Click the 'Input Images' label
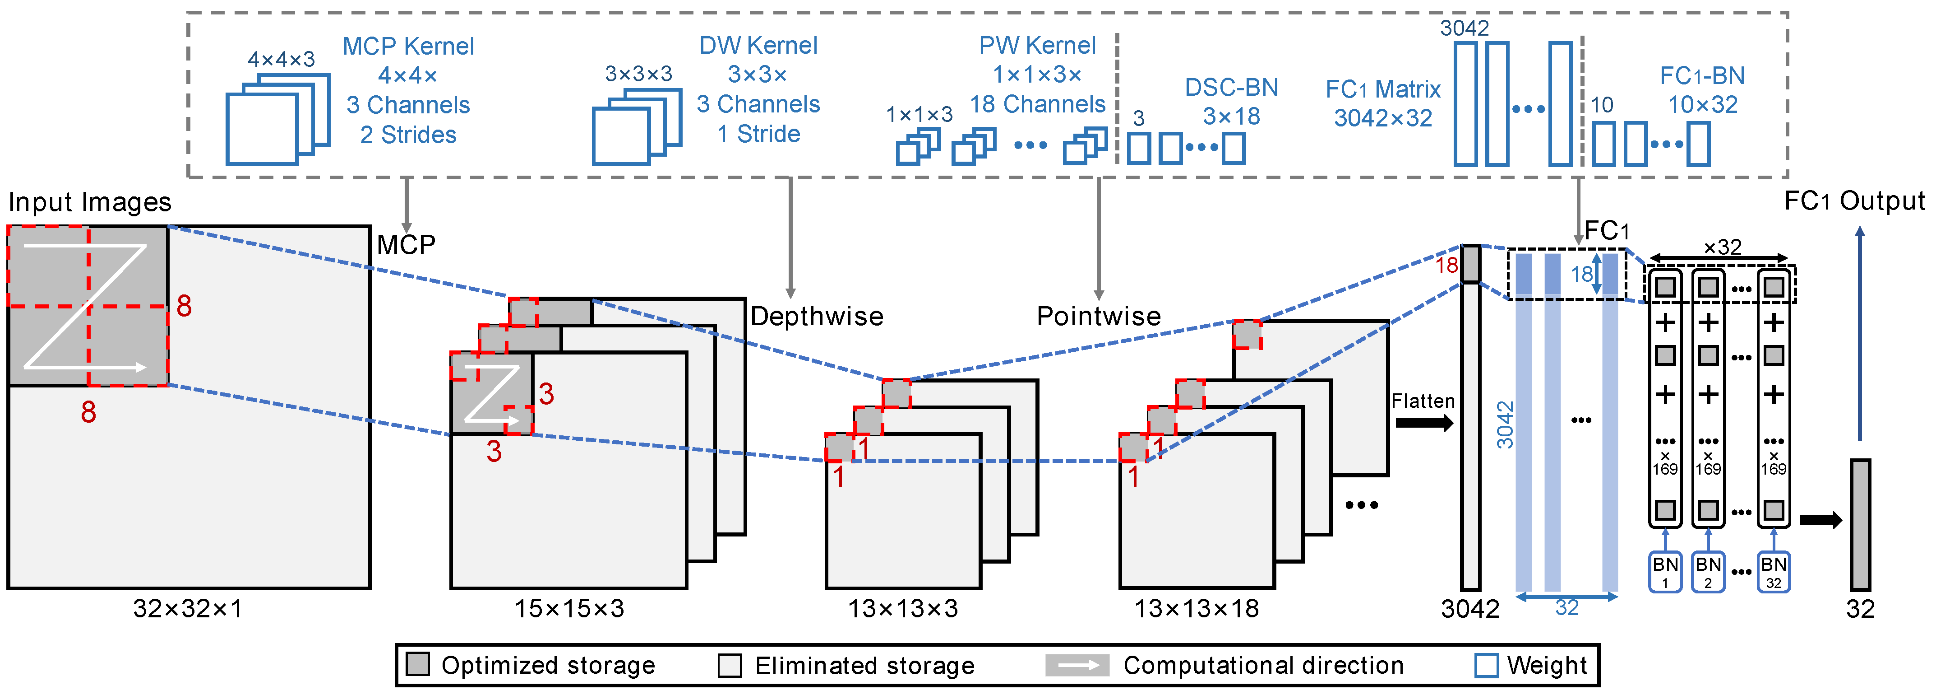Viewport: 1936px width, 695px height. tap(89, 202)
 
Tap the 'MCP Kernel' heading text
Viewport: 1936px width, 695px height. tap(408, 47)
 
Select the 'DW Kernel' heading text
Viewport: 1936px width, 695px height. tap(758, 46)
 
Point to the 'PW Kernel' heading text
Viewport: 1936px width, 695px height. tap(1037, 46)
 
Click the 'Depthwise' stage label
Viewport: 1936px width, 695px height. tap(817, 317)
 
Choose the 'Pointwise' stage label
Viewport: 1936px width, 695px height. tap(1099, 317)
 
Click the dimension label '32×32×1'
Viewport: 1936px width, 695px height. tap(188, 608)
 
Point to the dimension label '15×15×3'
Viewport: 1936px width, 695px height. tap(569, 608)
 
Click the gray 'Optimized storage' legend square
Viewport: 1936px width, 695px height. tap(417, 664)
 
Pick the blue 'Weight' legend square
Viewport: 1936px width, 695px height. tap(1486, 665)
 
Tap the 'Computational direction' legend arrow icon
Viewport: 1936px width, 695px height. tap(1077, 665)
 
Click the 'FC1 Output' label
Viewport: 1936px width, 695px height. tap(1854, 201)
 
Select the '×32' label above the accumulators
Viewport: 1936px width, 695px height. tap(1722, 247)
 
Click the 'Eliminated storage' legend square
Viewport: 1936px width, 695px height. tap(729, 665)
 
